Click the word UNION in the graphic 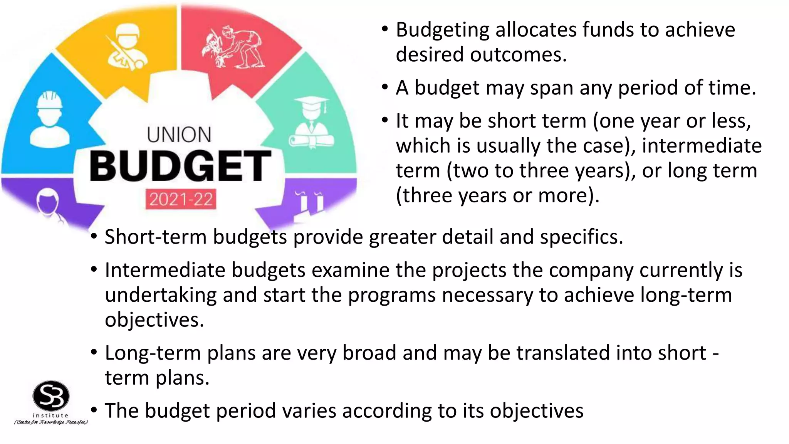point(179,135)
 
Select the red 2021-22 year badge point(181,199)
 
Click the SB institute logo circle point(51,396)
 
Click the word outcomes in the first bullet point(518,55)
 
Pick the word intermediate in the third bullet point(702,146)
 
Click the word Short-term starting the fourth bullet point(156,237)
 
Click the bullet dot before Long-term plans point(94,352)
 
